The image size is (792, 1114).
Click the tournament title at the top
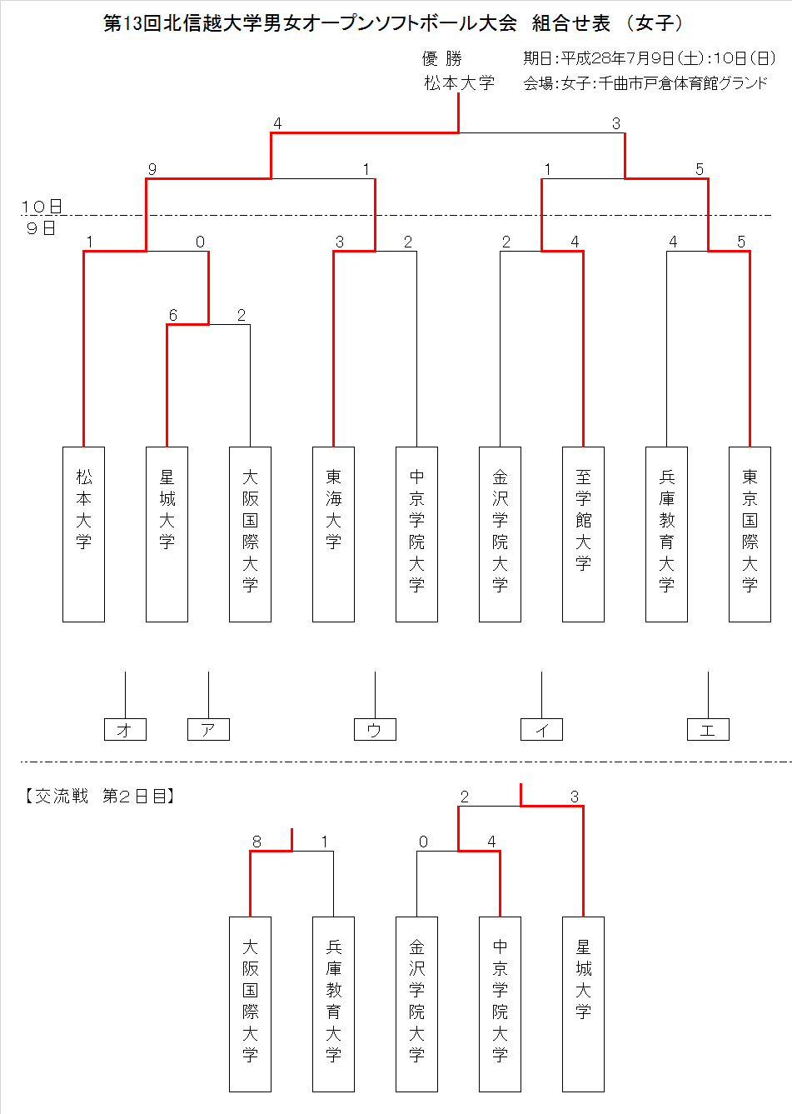(393, 23)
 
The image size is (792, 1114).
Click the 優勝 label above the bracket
(442, 58)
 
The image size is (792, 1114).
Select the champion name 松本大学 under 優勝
(459, 82)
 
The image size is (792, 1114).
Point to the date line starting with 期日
(649, 58)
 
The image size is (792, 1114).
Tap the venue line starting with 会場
(645, 83)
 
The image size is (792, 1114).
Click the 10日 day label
(42, 207)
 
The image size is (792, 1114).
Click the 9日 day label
(42, 228)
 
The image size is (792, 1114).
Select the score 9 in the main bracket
(152, 169)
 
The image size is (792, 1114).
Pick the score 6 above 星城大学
(172, 315)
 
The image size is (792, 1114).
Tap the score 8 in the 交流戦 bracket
(257, 842)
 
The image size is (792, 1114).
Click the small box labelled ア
(208, 730)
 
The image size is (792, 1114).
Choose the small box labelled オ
(125, 730)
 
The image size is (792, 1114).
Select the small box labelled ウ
(375, 730)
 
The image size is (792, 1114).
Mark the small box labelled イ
(541, 730)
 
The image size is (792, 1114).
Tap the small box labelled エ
(708, 730)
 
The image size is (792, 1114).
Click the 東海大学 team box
(334, 534)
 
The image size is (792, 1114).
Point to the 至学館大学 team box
(583, 534)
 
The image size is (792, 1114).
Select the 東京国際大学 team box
(750, 534)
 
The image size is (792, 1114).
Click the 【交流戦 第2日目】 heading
(99, 797)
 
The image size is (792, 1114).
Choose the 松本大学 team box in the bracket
(83, 534)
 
